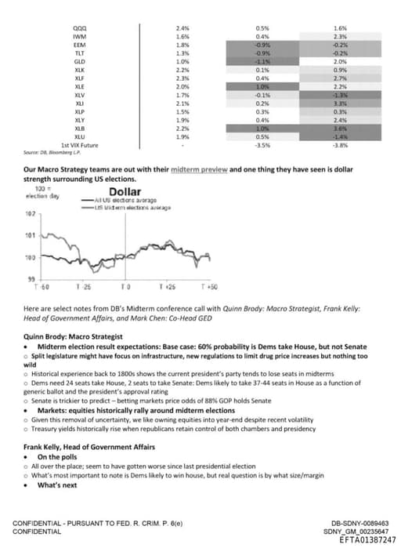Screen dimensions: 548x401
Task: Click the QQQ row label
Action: (79, 27)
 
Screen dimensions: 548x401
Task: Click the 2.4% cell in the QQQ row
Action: (183, 27)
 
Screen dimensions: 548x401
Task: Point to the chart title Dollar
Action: (125, 192)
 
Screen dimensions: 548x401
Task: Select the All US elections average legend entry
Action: (121, 201)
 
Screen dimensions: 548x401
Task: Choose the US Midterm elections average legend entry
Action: (125, 207)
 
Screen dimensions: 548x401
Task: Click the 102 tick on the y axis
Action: (31, 213)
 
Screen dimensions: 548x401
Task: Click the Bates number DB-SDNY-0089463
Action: (361, 523)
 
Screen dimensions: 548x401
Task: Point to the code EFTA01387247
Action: (363, 540)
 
